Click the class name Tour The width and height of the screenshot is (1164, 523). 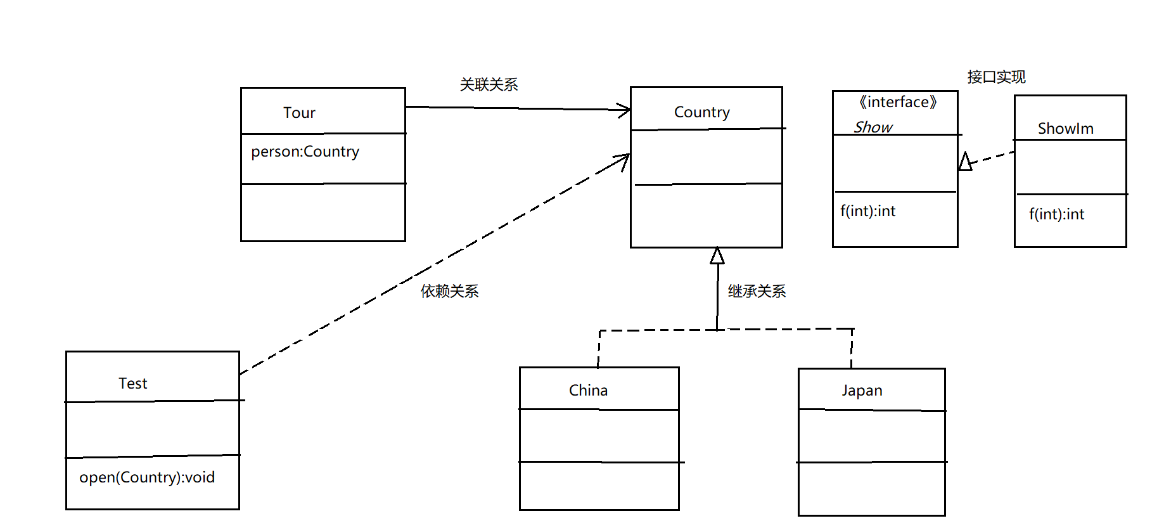(x=299, y=113)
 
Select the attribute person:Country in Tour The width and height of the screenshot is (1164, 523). (x=305, y=152)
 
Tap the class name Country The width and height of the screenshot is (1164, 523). (x=701, y=112)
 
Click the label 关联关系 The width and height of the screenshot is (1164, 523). (x=489, y=84)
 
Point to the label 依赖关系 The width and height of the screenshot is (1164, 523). (x=449, y=291)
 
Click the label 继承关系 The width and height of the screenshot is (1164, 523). (x=757, y=291)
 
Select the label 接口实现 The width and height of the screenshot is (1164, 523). (x=996, y=77)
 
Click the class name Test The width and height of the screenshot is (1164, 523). (x=132, y=384)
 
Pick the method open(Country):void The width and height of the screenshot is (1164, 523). (x=147, y=477)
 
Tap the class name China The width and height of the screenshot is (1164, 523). (x=588, y=391)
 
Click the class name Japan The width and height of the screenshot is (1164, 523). (x=862, y=391)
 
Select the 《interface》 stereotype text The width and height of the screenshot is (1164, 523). (x=898, y=102)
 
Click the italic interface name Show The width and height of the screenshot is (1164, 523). (x=873, y=127)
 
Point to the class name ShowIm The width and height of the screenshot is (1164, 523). (x=1065, y=129)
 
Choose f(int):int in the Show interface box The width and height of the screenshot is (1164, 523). (x=867, y=211)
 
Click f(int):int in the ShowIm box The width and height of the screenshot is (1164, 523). (x=1056, y=214)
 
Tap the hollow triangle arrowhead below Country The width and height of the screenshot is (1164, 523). (x=717, y=256)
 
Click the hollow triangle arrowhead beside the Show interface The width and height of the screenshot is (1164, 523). (x=965, y=162)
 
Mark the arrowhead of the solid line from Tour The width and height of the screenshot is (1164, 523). (x=625, y=110)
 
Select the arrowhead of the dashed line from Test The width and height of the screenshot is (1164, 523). (x=624, y=158)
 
